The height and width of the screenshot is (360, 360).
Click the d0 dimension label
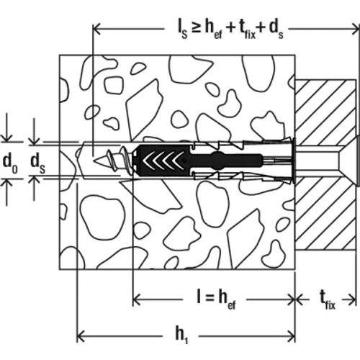(10, 164)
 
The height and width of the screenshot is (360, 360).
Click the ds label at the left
(38, 164)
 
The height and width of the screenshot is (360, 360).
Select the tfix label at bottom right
(328, 300)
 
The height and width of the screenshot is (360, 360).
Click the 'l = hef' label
(216, 300)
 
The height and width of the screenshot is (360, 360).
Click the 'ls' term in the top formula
(182, 31)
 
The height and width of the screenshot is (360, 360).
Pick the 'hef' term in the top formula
(214, 30)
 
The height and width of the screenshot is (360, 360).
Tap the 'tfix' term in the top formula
(247, 31)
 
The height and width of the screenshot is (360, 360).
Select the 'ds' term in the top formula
(276, 30)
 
